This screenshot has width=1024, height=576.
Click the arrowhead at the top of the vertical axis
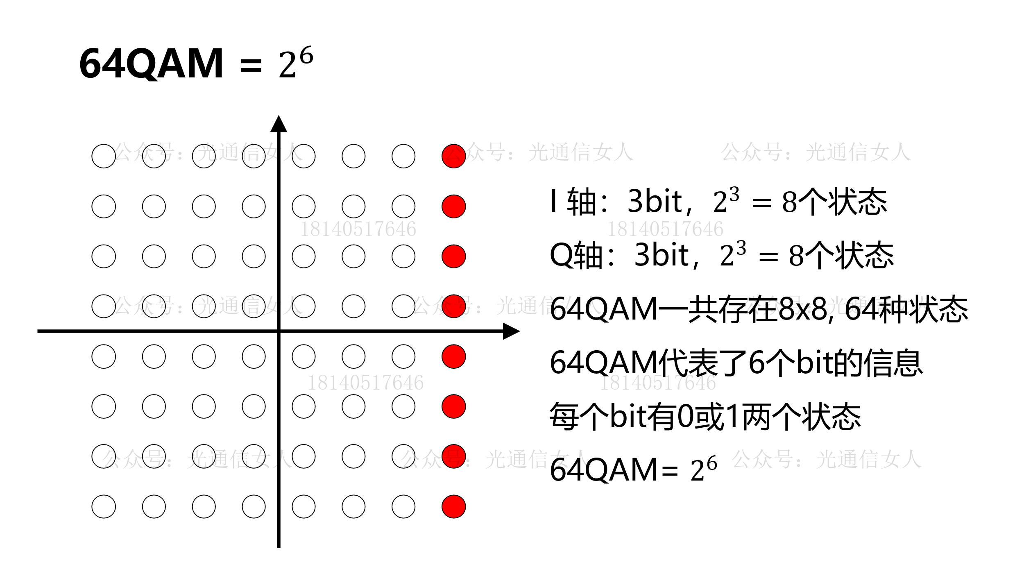click(x=279, y=124)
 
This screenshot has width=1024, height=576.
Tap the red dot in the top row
click(x=453, y=156)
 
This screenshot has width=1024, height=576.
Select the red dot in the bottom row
click(x=453, y=506)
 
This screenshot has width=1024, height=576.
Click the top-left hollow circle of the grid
click(x=104, y=156)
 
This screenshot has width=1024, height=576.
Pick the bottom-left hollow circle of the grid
click(x=104, y=506)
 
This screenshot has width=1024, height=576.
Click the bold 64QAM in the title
click(x=151, y=63)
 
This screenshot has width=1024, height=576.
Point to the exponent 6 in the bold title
click(x=306, y=55)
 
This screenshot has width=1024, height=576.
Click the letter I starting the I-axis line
click(x=554, y=201)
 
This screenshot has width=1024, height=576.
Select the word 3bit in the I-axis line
click(x=654, y=201)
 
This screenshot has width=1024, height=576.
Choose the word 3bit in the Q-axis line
click(x=661, y=255)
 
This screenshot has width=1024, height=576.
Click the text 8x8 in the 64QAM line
click(x=803, y=308)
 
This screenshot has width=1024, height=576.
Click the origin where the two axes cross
click(x=279, y=331)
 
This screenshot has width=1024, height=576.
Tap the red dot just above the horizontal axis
click(x=453, y=306)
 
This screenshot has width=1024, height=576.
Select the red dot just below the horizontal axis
click(x=453, y=356)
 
